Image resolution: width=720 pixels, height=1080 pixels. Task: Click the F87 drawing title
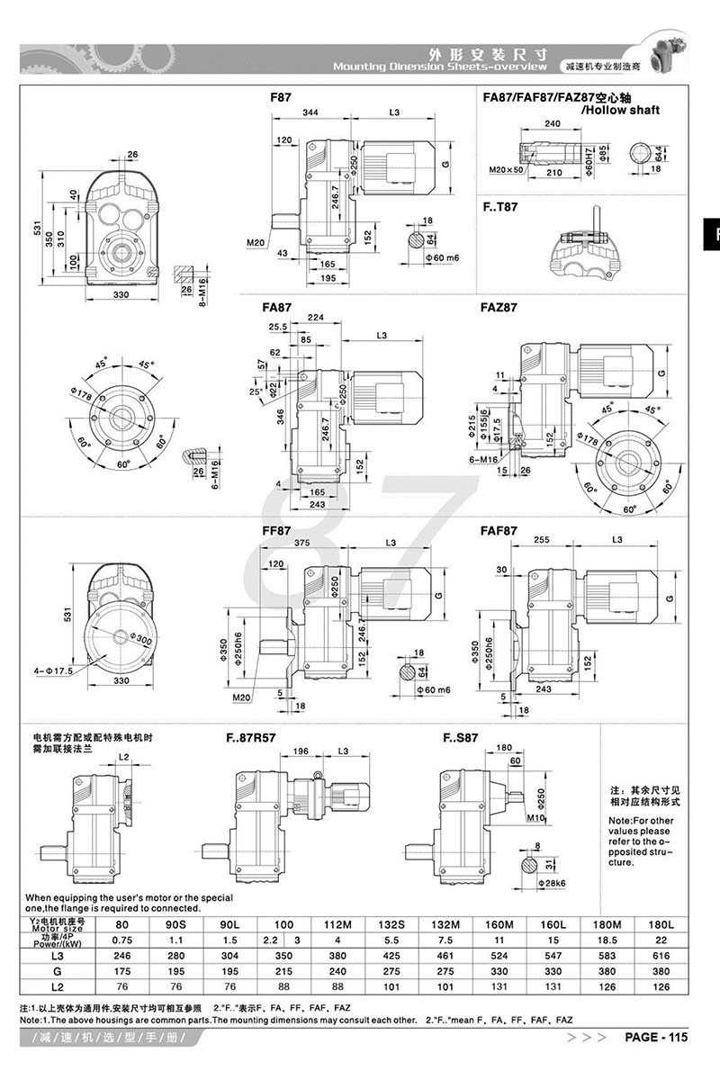pyautogui.click(x=280, y=94)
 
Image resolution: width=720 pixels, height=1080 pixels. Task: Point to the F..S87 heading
pyautogui.click(x=461, y=738)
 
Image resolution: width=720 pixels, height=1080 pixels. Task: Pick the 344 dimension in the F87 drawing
pyautogui.click(x=310, y=113)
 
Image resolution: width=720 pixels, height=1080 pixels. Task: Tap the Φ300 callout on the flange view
pyautogui.click(x=140, y=638)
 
